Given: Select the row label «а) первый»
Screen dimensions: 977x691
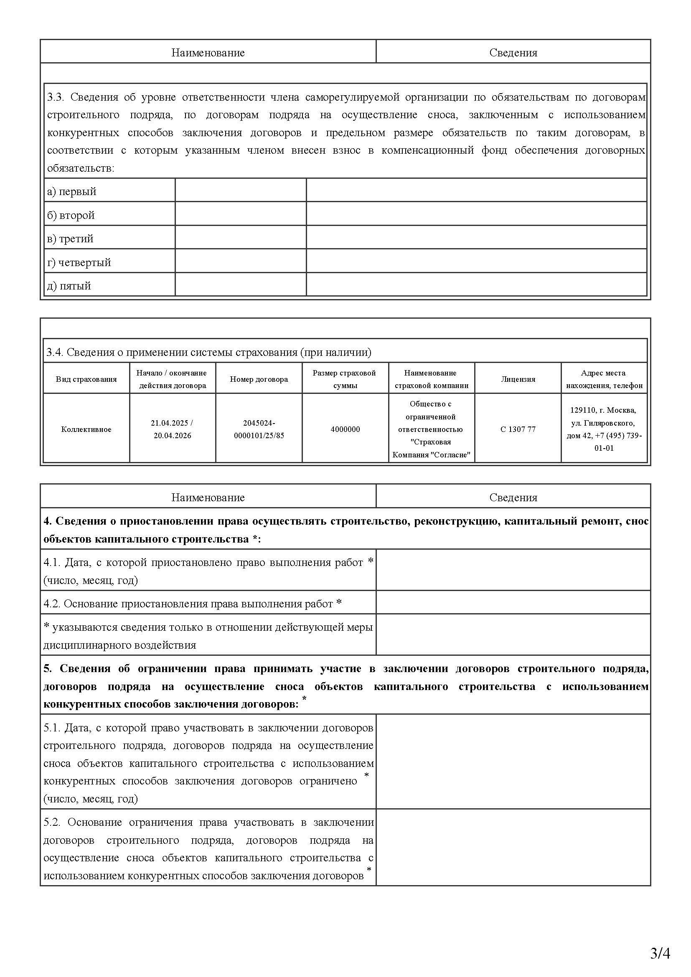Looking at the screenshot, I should pyautogui.click(x=71, y=191).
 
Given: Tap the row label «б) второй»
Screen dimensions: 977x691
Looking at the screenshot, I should pyautogui.click(x=71, y=215).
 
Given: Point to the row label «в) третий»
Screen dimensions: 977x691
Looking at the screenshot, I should pyautogui.click(x=70, y=239).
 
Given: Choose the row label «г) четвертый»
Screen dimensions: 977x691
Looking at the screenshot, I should pyautogui.click(x=79, y=263).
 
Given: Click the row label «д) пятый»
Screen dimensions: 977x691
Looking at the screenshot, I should pyautogui.click(x=69, y=286).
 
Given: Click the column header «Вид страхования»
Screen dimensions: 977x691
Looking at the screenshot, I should pyautogui.click(x=86, y=379).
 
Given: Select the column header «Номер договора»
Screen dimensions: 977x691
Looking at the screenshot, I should pyautogui.click(x=259, y=379).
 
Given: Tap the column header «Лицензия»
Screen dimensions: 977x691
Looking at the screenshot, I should pyautogui.click(x=518, y=379).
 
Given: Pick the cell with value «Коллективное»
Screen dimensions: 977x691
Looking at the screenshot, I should pyautogui.click(x=86, y=429).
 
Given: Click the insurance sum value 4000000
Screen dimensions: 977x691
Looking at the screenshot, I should pyautogui.click(x=345, y=429).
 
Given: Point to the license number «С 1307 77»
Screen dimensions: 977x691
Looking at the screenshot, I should pyautogui.click(x=518, y=429).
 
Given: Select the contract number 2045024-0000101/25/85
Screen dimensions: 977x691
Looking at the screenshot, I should pyautogui.click(x=259, y=429).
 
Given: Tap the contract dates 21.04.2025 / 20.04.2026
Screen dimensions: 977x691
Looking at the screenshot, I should pyautogui.click(x=172, y=429).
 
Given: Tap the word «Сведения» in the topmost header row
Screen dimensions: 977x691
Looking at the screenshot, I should pyautogui.click(x=513, y=53).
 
